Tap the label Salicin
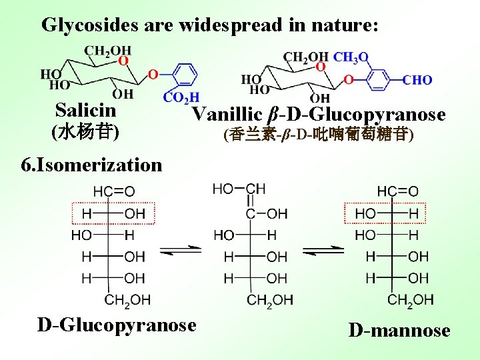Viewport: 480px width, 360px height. coord(85,110)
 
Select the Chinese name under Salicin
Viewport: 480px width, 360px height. coord(85,130)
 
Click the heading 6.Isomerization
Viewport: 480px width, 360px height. coord(91,164)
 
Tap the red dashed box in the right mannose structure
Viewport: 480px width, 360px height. coord(385,213)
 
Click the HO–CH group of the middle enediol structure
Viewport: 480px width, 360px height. coord(239,189)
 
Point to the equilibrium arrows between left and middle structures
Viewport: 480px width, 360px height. coord(181,251)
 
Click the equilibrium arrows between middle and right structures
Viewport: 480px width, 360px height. coord(323,251)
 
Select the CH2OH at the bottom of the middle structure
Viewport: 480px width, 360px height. coord(269,301)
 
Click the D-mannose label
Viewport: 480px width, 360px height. coord(399,331)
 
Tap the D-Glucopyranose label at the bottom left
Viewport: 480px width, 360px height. coord(117,325)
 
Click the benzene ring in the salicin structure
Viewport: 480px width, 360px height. coord(186,75)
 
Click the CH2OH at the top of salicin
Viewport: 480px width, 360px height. coord(107,51)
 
